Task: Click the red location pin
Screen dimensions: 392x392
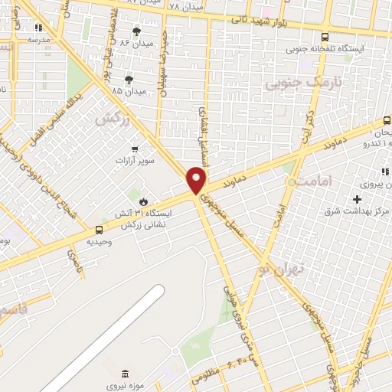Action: [197, 179]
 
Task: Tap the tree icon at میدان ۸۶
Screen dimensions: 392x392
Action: [136, 31]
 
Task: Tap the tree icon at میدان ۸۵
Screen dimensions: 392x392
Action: [129, 78]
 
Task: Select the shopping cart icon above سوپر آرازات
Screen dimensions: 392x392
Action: [135, 149]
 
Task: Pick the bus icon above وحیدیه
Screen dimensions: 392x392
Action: [98, 229]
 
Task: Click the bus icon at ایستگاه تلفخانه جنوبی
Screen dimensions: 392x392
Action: [325, 36]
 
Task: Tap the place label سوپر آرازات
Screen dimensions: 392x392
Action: [135, 162]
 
